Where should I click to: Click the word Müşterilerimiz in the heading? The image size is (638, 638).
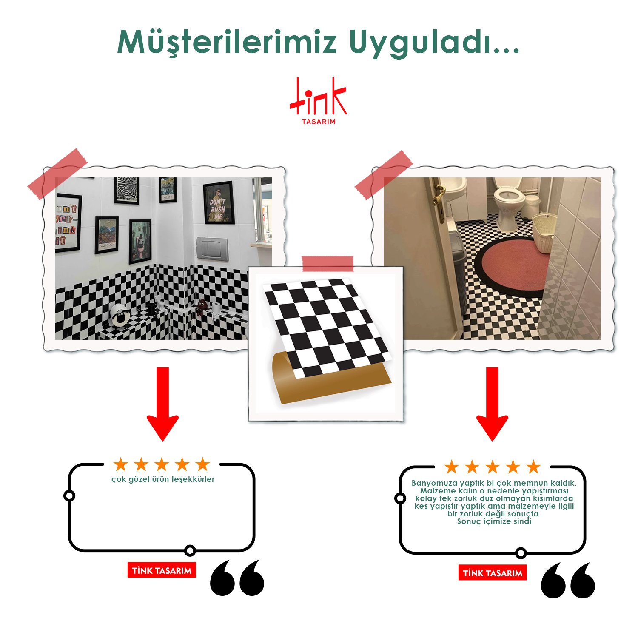coord(227,43)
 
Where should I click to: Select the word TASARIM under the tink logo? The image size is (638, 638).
coord(319,122)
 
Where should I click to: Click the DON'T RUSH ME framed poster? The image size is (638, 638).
coord(219,203)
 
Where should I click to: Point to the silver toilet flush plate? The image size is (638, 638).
coord(212,249)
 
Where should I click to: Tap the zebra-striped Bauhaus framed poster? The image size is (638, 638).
coord(127,190)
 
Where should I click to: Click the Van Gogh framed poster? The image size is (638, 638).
coord(106,235)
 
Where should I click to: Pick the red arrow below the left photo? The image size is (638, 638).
coord(162,404)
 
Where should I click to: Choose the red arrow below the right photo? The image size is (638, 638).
coord(492,404)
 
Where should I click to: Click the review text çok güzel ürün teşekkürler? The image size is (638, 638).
coord(163,479)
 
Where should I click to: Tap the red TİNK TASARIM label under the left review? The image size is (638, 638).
coord(162,570)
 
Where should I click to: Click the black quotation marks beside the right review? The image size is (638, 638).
coord(568,580)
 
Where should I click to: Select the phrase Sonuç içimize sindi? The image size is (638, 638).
coord(494,521)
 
